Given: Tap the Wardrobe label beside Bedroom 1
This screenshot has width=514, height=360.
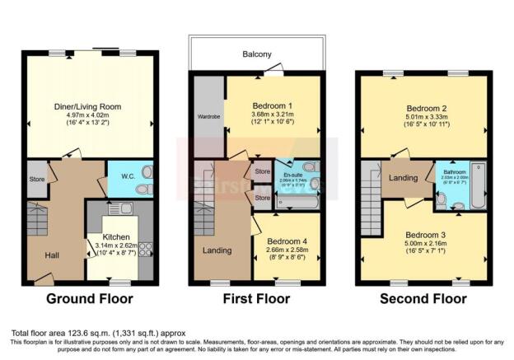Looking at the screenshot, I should [208, 116].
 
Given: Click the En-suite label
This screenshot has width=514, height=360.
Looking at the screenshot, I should [293, 175].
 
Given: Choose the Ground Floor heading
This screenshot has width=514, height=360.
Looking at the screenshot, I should [89, 298].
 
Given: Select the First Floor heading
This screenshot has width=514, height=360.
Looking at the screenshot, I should [256, 298].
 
